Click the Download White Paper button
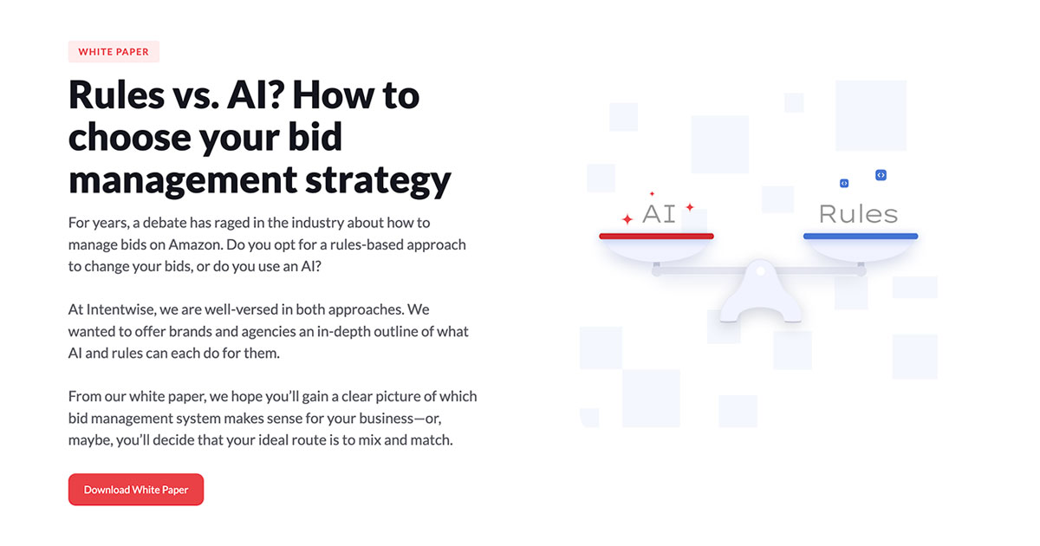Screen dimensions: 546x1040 [x=136, y=490]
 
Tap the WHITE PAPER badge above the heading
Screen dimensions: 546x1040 [x=114, y=52]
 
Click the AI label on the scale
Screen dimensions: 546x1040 [x=659, y=214]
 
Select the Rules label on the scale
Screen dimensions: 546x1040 [x=858, y=214]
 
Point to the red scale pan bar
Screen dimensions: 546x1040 [x=656, y=236]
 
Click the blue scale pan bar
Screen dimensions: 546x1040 [x=860, y=236]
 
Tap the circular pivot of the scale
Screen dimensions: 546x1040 [x=761, y=272]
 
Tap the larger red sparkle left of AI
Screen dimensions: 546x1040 [x=627, y=219]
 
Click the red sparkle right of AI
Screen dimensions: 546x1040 [x=690, y=207]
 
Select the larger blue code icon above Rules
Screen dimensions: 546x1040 [x=881, y=175]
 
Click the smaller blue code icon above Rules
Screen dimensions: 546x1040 [x=844, y=184]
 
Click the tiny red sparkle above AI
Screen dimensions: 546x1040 [x=652, y=194]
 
